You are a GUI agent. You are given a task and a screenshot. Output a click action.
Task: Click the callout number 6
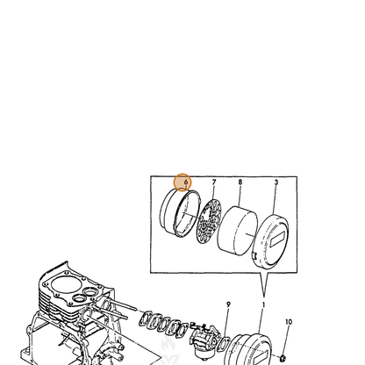pos(186,182)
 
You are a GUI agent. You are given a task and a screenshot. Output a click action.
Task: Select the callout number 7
pos(214,182)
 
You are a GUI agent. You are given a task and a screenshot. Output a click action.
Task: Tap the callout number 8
pos(240,182)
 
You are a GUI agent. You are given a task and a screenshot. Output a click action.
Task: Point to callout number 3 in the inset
pos(276,182)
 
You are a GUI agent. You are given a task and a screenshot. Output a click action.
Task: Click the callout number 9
pos(228,304)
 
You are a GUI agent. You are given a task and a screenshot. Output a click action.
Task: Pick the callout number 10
pos(289,322)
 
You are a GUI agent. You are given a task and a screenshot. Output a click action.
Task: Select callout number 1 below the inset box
pos(263,304)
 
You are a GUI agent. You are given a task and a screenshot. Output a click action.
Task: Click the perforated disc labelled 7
pos(209,221)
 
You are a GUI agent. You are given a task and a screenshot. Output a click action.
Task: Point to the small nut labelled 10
pos(283,358)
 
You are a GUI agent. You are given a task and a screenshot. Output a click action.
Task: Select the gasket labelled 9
pos(225,343)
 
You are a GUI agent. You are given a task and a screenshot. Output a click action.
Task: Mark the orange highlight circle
pos(182,182)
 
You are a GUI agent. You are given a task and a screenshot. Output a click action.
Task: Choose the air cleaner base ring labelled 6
pos(180,213)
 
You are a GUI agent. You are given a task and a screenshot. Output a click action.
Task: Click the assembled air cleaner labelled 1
pos(248,349)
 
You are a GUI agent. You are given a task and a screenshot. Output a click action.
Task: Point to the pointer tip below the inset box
pos(264,297)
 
